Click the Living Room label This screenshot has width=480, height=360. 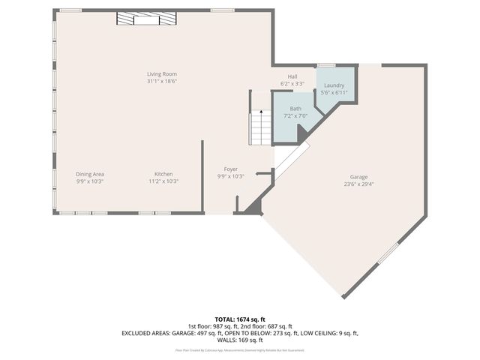click(162, 73)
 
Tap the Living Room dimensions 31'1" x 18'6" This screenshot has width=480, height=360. click(162, 80)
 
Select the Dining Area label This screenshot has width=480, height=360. click(89, 174)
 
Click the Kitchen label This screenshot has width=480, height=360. click(163, 174)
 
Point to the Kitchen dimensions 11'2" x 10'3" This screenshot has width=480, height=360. click(163, 181)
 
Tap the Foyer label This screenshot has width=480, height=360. click(230, 169)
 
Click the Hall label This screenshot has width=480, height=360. click(292, 77)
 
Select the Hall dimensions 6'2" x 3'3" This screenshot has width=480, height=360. click(292, 84)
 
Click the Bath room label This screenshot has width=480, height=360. click(295, 109)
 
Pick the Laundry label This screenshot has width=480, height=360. click(334, 85)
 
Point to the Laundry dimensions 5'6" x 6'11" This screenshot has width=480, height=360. click(334, 92)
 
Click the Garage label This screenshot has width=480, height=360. click(358, 177)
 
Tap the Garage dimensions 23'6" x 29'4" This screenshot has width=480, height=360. click(358, 184)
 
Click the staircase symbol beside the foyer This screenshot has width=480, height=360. click(260, 127)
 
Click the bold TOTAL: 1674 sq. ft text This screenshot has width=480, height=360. click(240, 319)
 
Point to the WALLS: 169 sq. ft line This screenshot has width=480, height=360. click(240, 340)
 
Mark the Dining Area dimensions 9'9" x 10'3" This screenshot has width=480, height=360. click(89, 181)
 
